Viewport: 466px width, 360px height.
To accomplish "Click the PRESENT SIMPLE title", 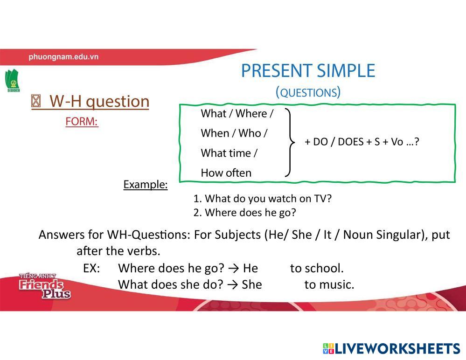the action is (308, 71).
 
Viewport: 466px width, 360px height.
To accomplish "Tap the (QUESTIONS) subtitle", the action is (308, 92).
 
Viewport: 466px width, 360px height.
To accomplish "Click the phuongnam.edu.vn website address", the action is (63, 57).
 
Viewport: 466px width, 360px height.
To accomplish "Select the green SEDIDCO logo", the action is (12, 80).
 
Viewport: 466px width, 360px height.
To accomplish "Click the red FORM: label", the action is (82, 121).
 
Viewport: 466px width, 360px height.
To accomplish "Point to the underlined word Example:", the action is (146, 185).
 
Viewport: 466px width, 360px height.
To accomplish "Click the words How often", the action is (226, 173).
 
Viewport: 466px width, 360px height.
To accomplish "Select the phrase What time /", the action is (229, 153).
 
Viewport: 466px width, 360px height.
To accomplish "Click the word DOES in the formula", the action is (351, 142).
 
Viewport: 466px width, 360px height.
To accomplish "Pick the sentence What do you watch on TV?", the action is (268, 198).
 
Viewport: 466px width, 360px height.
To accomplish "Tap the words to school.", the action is (317, 268).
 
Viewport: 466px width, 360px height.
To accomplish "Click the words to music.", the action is (329, 284).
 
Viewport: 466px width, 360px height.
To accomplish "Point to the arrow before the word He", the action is (234, 269).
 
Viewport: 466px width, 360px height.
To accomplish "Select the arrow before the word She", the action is (233, 285).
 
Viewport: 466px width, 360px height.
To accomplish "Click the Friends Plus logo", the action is (44, 286).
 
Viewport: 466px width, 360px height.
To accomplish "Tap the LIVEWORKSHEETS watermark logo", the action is (391, 348).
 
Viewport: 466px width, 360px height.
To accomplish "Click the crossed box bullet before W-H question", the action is (35, 101).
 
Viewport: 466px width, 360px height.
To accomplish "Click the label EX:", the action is (91, 268).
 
